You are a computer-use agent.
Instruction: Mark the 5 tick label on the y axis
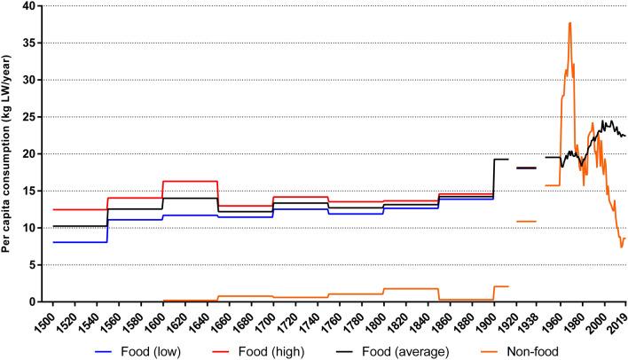tap(35, 265)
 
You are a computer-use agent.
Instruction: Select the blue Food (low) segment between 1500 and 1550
tap(80, 242)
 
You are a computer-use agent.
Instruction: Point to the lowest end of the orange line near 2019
tap(622, 247)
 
